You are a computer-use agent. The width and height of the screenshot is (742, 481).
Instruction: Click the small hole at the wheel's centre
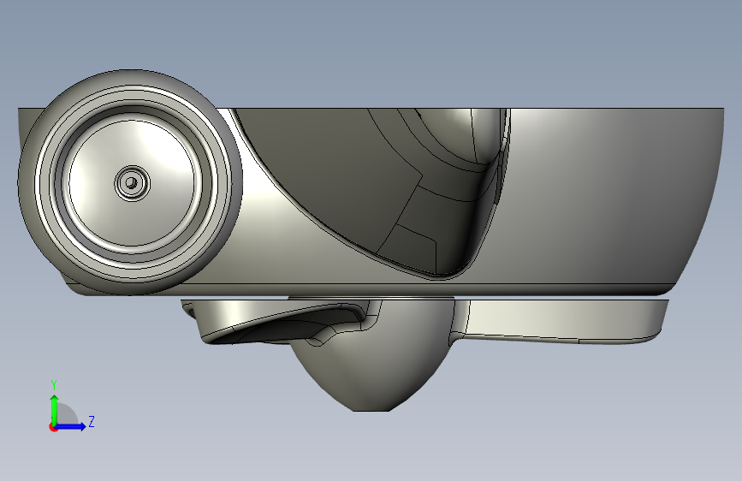click(132, 182)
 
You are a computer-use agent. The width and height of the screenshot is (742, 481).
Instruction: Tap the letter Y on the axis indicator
click(54, 384)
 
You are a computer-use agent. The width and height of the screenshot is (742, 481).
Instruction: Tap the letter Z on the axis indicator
click(92, 421)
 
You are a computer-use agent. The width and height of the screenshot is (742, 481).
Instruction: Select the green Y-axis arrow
click(55, 410)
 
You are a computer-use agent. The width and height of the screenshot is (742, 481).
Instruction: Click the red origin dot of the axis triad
click(53, 427)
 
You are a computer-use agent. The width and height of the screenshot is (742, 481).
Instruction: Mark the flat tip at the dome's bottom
click(371, 410)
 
